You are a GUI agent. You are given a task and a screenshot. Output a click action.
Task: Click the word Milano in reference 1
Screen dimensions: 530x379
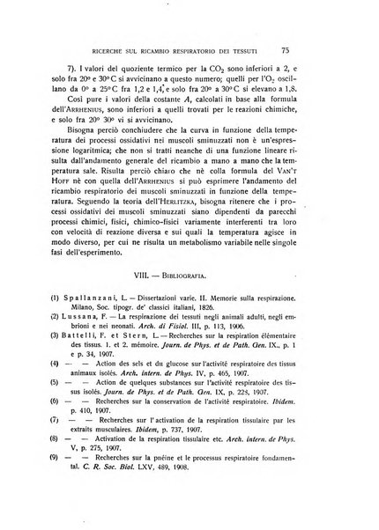(96, 337)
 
